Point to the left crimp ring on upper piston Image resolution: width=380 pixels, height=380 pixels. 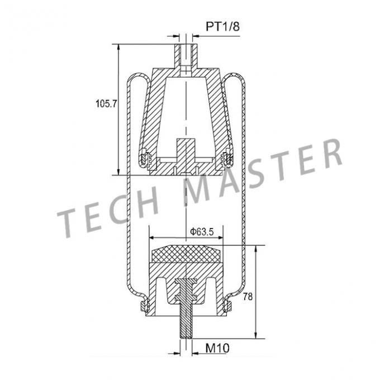pyautogui.click(x=145, y=159)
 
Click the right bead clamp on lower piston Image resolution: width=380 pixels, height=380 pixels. pyautogui.click(x=227, y=304)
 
